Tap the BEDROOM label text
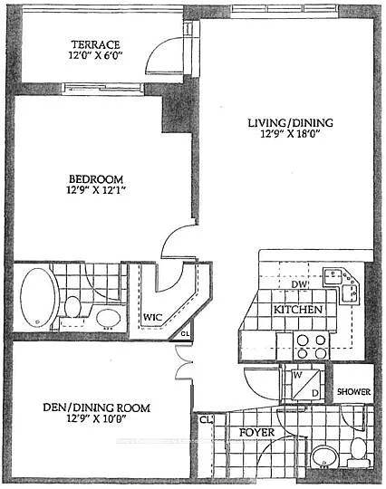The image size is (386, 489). coord(100,178)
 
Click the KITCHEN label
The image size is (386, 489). coord(299,311)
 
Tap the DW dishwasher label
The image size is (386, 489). coord(301,284)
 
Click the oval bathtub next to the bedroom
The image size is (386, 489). coord(38,297)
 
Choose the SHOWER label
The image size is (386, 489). coord(354,392)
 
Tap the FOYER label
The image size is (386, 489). coord(256,433)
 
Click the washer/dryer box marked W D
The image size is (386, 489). coord(304,384)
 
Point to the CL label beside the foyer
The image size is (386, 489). coord(206,420)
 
